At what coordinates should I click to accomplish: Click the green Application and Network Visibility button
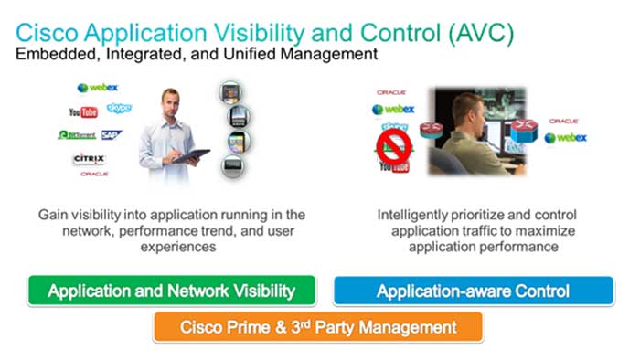[x=172, y=291]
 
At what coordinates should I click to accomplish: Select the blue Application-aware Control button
[x=473, y=291]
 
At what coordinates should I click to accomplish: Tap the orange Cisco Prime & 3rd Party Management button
[x=318, y=326]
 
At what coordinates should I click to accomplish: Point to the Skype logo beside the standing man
[x=119, y=109]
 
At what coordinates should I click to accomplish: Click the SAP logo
[x=112, y=134]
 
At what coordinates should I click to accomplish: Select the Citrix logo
[x=90, y=159]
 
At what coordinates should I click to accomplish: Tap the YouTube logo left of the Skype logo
[x=82, y=112]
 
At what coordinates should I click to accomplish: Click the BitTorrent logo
[x=77, y=134]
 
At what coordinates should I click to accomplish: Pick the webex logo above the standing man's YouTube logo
[x=98, y=88]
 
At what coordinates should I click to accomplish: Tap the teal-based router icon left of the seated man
[x=431, y=130]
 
